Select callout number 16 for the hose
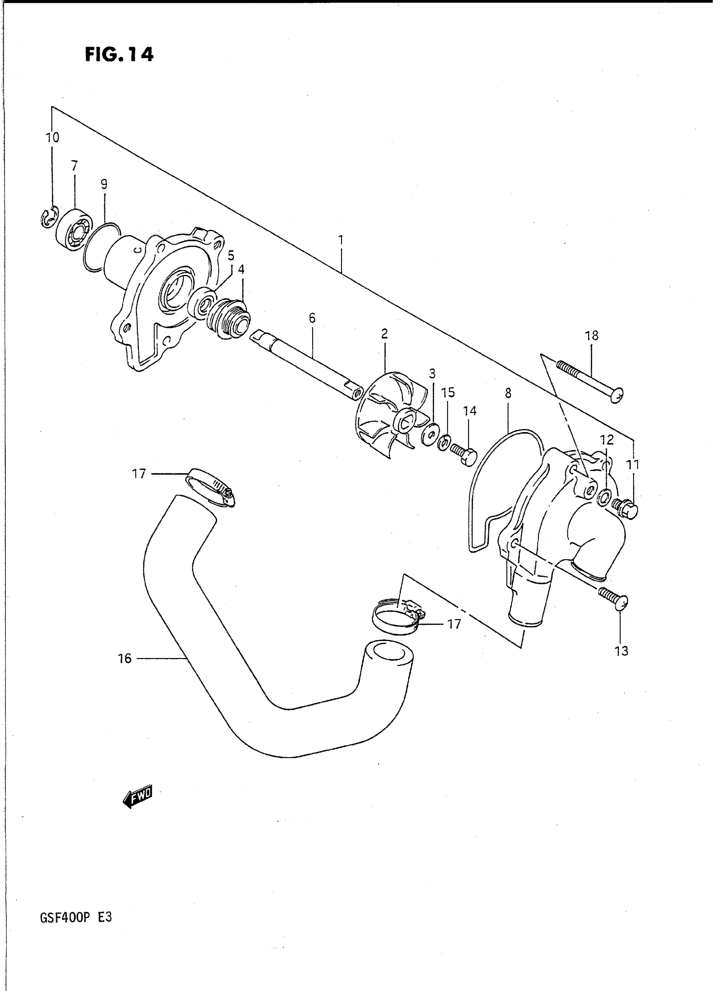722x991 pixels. (x=124, y=658)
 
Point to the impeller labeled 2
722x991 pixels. (x=390, y=412)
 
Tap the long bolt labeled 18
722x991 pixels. (x=589, y=378)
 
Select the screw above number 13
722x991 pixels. (x=614, y=599)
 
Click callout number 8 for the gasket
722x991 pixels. (x=508, y=393)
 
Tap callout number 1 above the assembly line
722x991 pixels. (x=341, y=240)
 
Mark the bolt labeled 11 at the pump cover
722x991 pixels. (x=626, y=508)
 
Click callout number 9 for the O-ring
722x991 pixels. (x=104, y=184)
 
